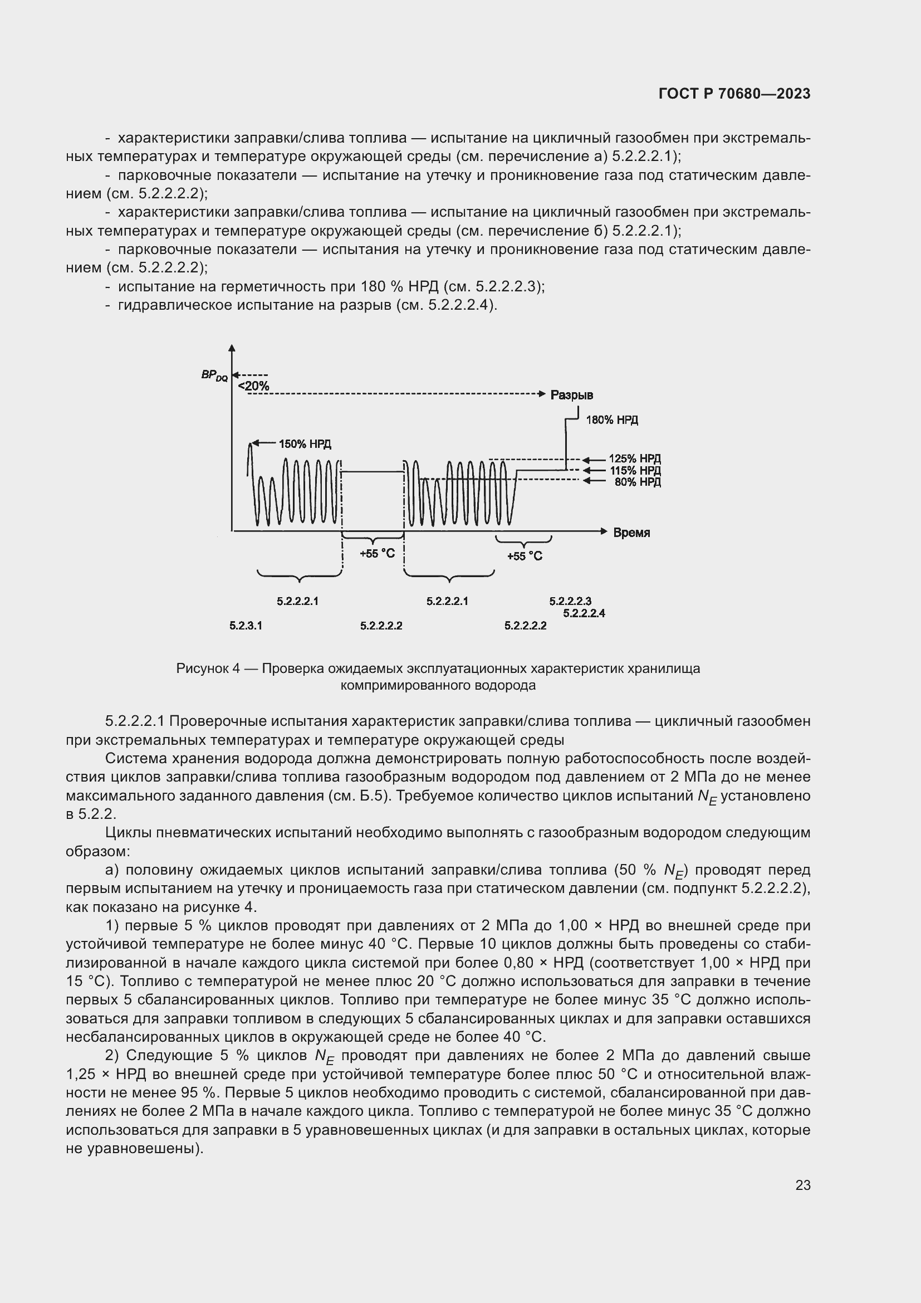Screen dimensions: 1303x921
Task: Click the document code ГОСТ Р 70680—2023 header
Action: click(x=734, y=94)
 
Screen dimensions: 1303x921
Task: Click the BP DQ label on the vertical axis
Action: click(x=214, y=375)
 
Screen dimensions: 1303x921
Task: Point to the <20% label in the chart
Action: click(x=253, y=387)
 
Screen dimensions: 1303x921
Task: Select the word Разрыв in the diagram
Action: click(x=572, y=395)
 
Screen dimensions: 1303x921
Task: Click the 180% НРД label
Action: click(x=612, y=420)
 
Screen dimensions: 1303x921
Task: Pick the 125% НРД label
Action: click(x=635, y=458)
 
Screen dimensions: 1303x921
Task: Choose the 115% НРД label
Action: click(x=635, y=471)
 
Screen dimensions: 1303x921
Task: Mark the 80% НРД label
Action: click(x=638, y=482)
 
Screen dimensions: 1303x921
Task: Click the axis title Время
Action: click(x=631, y=533)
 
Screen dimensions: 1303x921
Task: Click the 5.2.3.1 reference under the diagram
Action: click(x=246, y=626)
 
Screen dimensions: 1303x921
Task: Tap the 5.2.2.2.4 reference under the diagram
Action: click(x=584, y=613)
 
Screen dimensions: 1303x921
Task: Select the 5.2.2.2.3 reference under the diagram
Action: click(x=570, y=602)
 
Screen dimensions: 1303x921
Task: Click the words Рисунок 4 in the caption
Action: click(x=208, y=668)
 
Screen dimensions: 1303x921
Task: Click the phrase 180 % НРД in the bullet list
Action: click(x=397, y=286)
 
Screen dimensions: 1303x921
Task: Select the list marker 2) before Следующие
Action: click(x=112, y=1056)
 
